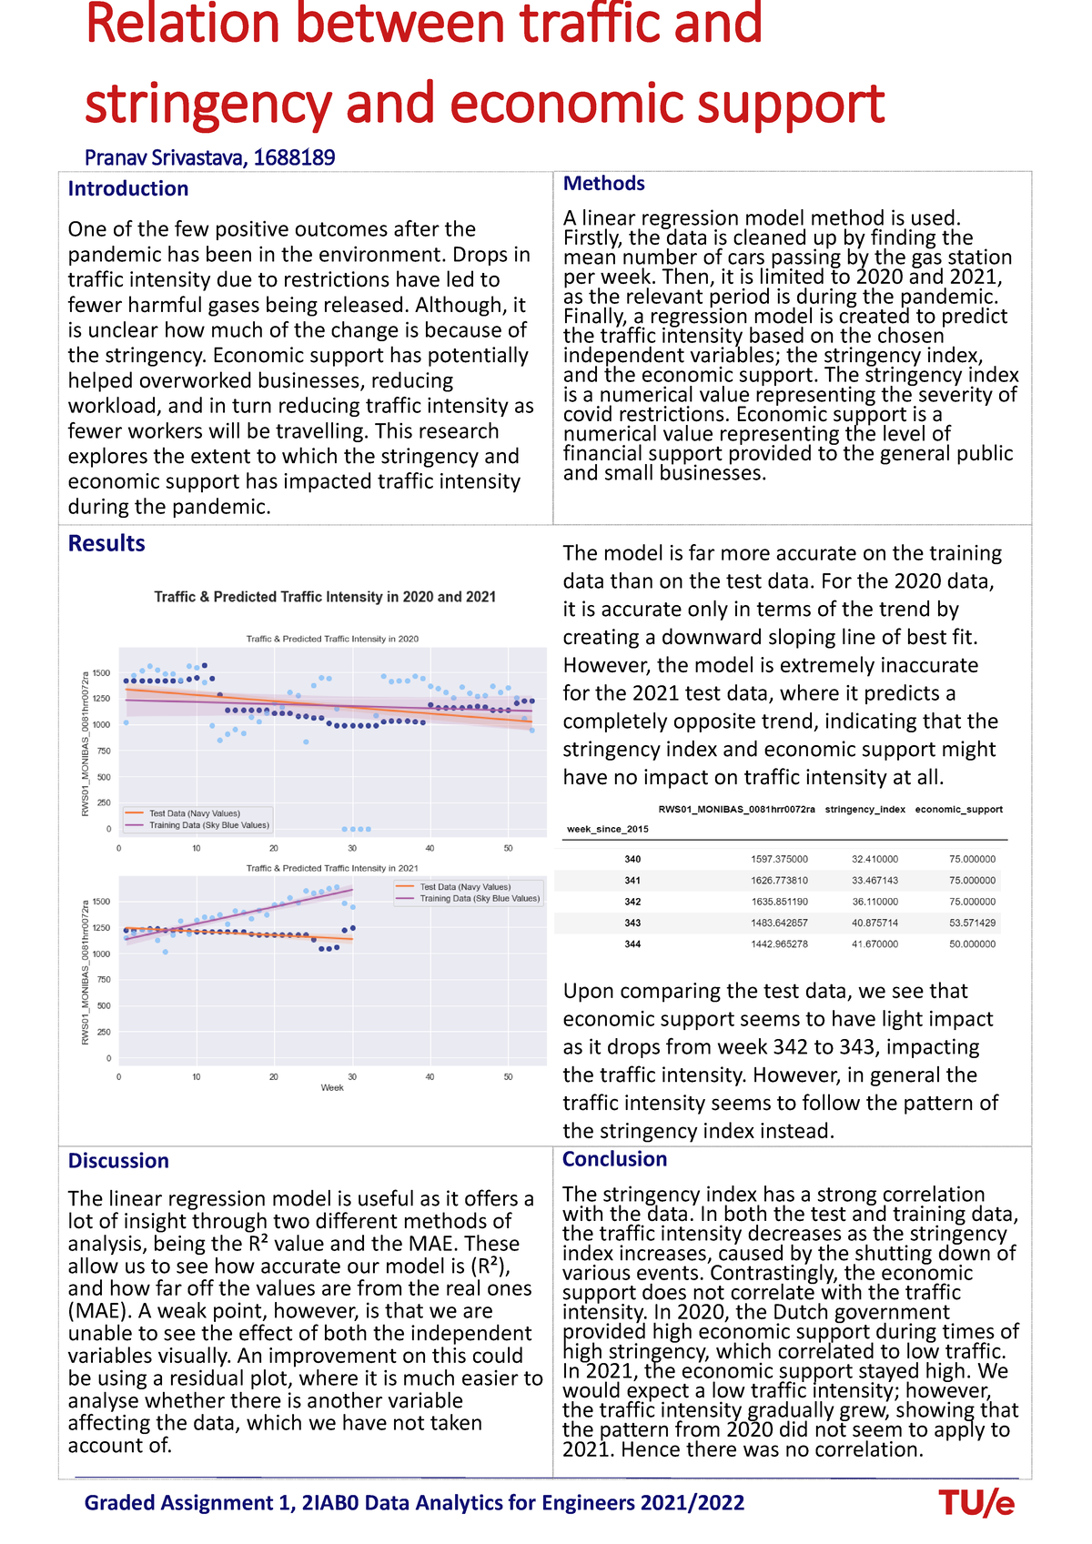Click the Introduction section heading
point(128,188)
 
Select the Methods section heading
point(603,183)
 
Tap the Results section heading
point(106,543)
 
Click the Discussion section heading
point(118,1160)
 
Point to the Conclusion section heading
point(614,1158)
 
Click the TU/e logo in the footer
point(976,1503)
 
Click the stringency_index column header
point(864,809)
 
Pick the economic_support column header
point(958,809)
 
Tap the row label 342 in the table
point(632,902)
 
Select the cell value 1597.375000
point(779,859)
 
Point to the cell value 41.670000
point(875,944)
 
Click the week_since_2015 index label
point(607,829)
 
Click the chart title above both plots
point(325,597)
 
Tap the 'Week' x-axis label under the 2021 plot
point(332,1087)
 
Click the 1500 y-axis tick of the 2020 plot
point(101,673)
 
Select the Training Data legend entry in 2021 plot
point(479,898)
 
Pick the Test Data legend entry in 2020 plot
point(194,813)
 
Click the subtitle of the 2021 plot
point(332,868)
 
